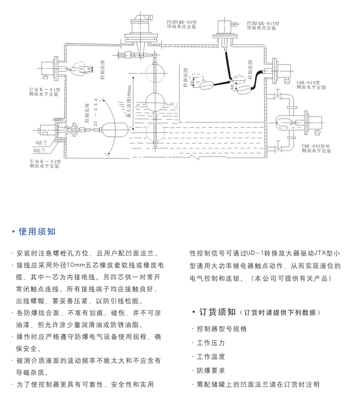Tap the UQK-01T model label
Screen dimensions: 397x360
pyautogui.click(x=263, y=22)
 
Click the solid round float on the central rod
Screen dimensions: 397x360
pyautogui.click(x=157, y=100)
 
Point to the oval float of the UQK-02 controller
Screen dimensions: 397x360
pyautogui.click(x=112, y=130)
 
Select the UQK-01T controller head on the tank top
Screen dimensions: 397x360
pyautogui.click(x=224, y=29)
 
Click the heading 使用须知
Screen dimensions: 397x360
pyautogui.click(x=37, y=232)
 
